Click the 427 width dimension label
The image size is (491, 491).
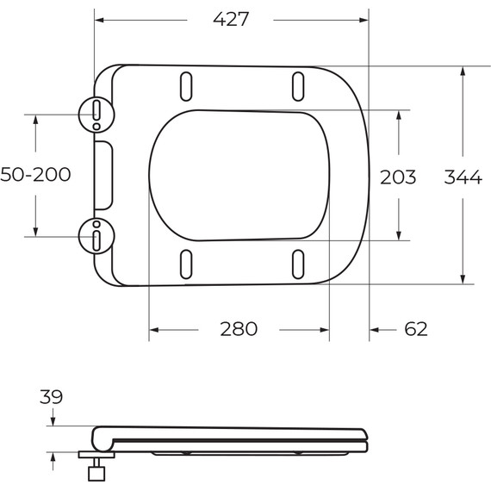pos(231,19)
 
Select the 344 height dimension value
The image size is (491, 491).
pos(463,177)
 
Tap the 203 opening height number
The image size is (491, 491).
pos(398,177)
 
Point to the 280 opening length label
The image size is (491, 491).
pos(239,328)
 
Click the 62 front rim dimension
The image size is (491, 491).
pos(415,328)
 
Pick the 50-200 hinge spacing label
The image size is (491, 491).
pos(35,175)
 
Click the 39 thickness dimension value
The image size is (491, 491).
pos(52,396)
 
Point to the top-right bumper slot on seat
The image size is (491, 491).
pos(298,87)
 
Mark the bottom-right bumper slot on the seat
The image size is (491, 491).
pos(298,264)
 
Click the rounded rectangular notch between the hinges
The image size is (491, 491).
pos(103,175)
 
